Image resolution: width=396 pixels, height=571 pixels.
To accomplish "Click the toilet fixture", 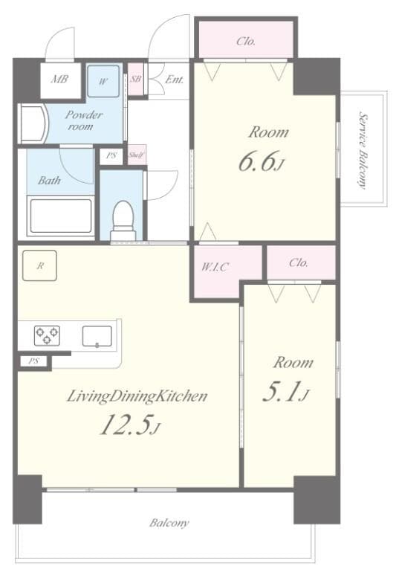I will [x=123, y=216].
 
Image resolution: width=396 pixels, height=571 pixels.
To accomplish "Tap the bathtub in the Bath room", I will [x=59, y=216].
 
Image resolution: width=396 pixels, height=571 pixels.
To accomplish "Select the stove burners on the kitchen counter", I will [x=46, y=336].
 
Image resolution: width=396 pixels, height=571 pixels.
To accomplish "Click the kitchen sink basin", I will [x=97, y=336].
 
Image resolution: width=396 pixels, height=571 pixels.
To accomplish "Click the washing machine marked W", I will [x=103, y=80].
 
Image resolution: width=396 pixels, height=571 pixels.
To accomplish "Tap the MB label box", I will [x=60, y=79].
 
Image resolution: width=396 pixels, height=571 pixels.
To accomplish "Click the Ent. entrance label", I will [x=175, y=79].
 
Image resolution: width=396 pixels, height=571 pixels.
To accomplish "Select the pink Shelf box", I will [x=137, y=155].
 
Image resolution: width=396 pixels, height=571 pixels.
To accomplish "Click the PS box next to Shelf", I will [x=112, y=156].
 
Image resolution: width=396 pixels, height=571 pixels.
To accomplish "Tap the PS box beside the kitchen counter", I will [x=33, y=361].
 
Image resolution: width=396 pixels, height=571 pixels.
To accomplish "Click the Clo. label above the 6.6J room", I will [x=246, y=41].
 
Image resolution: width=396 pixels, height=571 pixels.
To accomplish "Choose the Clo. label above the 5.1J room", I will [x=299, y=262].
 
